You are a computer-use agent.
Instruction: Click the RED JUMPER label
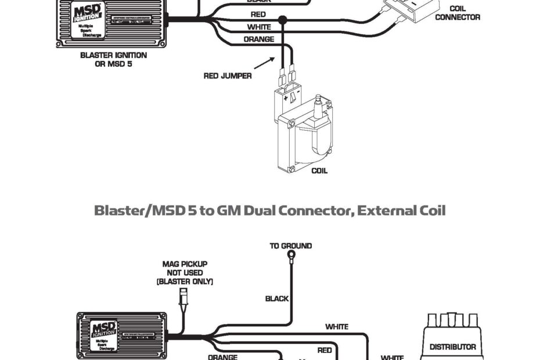coord(228,75)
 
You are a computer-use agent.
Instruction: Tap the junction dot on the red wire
coord(283,20)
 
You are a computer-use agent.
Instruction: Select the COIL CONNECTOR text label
coord(458,13)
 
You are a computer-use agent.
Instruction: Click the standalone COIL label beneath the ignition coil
coord(319,171)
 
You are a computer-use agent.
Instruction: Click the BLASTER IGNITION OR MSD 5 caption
coord(113,59)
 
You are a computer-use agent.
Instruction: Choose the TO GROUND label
coord(291,246)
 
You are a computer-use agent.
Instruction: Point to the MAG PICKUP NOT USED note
coord(185,272)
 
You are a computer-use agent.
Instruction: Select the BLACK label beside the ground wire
coord(277,298)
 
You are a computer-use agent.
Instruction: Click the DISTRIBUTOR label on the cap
coord(453,347)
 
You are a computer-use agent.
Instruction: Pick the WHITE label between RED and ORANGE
coord(259,27)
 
